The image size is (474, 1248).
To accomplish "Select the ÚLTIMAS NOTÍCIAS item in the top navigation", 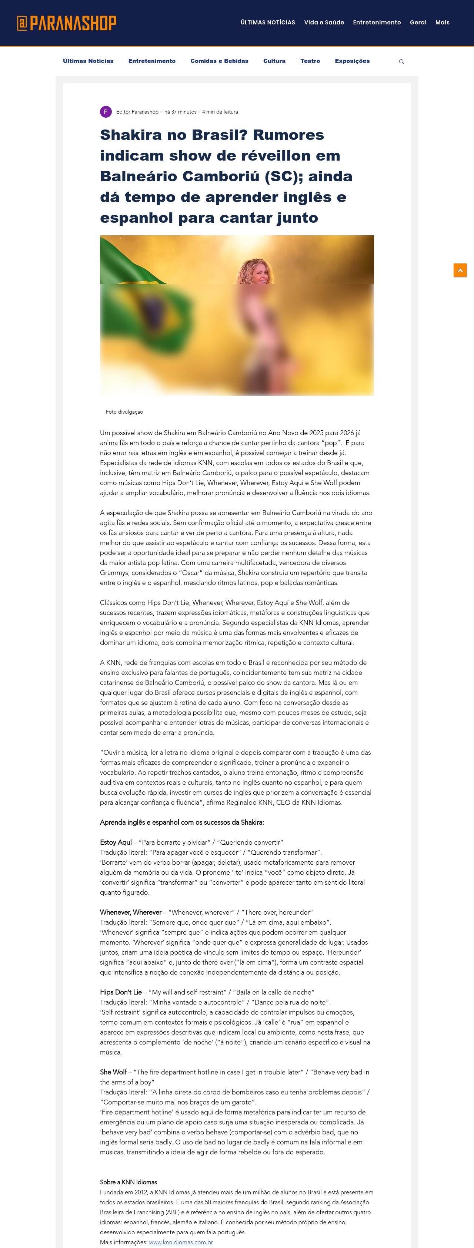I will click(267, 22).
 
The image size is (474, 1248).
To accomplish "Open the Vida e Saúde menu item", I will click(324, 22).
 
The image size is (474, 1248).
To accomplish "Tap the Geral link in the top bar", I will click(418, 22).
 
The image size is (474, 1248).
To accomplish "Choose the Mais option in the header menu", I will click(442, 22).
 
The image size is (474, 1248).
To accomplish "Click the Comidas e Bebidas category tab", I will click(219, 61).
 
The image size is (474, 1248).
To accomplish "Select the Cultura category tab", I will click(274, 61).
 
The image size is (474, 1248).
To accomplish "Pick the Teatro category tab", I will click(310, 61).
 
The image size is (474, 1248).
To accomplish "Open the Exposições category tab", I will click(352, 61).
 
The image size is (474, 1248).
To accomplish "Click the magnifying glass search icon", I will click(401, 61).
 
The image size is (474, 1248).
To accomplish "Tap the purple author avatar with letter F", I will click(106, 112).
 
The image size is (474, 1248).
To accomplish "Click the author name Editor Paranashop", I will click(137, 112).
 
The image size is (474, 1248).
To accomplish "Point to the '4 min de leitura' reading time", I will click(220, 112).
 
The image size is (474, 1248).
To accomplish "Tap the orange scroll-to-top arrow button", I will click(460, 270).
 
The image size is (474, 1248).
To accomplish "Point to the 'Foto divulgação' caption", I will click(124, 412).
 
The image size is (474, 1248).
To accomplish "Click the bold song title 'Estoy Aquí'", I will click(116, 842).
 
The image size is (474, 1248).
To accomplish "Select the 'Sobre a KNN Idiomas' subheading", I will click(128, 1182).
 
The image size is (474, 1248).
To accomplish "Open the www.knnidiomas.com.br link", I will click(181, 1242).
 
